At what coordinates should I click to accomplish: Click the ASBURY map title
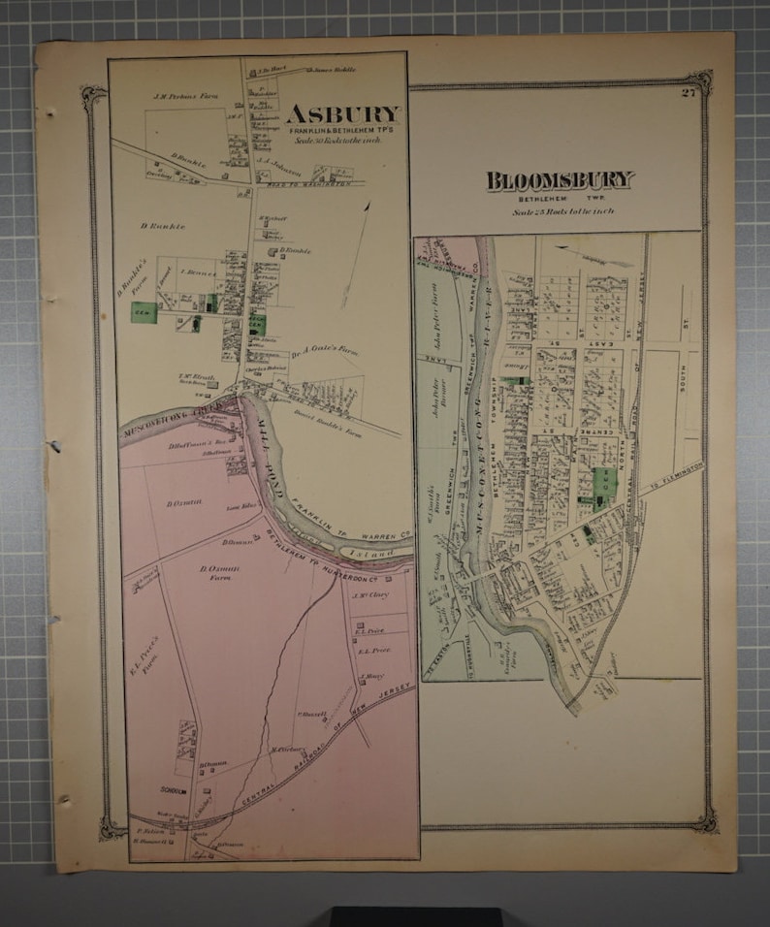(x=341, y=114)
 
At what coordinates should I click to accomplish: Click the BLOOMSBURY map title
(x=560, y=180)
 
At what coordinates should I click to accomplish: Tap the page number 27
(x=688, y=93)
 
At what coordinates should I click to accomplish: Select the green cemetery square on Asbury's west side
(x=144, y=311)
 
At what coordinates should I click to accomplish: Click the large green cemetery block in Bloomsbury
(x=603, y=482)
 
